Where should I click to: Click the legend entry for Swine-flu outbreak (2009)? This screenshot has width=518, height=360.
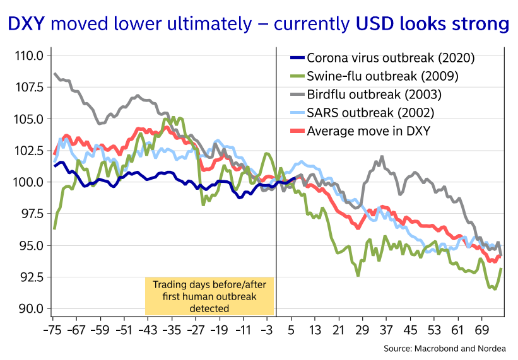pos(382,77)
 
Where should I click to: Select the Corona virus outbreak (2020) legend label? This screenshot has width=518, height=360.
pos(390,59)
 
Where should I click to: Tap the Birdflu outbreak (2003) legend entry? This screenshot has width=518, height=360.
pos(374,95)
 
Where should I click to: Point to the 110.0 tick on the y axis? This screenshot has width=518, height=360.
pos(28,55)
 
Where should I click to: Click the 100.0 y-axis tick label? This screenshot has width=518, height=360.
pos(28,182)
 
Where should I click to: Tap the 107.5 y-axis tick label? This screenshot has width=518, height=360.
pos(28,87)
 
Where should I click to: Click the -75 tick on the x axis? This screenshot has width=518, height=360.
pos(53,330)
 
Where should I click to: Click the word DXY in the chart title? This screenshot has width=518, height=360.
pos(26,25)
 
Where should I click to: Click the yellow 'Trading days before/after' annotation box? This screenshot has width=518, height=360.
pos(209,296)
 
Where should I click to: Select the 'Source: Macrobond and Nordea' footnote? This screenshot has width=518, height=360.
pos(448,349)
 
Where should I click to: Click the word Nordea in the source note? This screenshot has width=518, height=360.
pos(498,349)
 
